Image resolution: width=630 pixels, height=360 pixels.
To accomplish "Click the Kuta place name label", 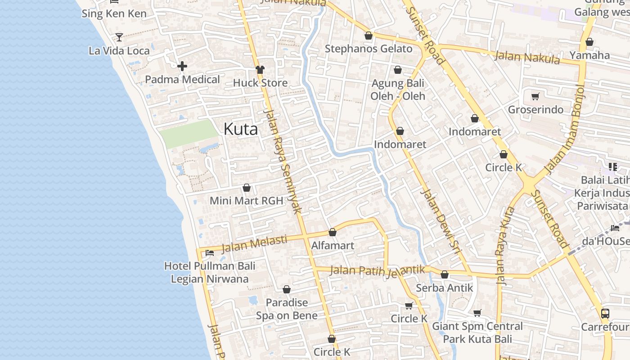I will [x=241, y=130].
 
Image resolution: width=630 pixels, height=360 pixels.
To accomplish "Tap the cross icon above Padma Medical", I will [x=182, y=67].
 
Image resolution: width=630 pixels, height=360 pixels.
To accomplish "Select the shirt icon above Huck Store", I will [x=260, y=70].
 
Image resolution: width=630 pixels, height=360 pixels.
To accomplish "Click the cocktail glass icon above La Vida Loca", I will [x=119, y=37].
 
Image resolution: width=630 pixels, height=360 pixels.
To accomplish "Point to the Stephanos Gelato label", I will [x=368, y=49].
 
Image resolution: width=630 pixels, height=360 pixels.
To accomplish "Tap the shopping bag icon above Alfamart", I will [x=333, y=232].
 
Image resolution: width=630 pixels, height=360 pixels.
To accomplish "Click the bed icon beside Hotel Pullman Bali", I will [x=209, y=253].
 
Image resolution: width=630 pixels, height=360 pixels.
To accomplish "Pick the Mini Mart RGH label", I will [x=247, y=201].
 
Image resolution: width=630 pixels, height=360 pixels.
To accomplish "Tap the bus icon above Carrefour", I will [x=605, y=313].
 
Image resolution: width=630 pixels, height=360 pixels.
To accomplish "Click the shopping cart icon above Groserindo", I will [x=535, y=96].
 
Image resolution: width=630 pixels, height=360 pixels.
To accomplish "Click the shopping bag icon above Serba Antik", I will [x=445, y=274].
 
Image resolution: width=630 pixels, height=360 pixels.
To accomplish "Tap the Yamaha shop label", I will [x=589, y=55].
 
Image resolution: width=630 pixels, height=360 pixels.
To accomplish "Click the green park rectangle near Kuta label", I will [x=189, y=134].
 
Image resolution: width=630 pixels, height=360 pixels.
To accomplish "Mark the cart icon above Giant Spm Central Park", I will [x=477, y=313].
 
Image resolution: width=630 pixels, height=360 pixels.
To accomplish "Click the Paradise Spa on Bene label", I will [x=287, y=309].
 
